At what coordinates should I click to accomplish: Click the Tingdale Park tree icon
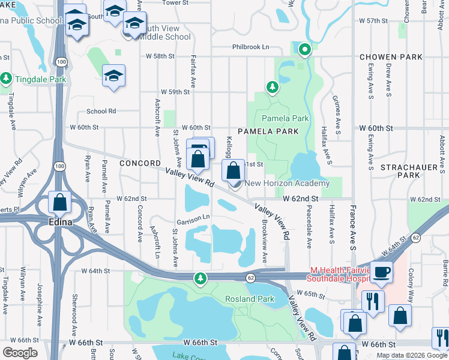click(6, 79)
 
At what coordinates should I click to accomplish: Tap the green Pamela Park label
click(285, 118)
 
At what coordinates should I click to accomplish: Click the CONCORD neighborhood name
click(140, 163)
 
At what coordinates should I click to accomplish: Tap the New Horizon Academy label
click(287, 183)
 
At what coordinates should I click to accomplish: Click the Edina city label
click(61, 222)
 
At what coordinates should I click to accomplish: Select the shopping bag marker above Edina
click(60, 203)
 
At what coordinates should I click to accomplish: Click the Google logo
click(20, 353)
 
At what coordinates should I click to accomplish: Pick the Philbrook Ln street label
click(252, 47)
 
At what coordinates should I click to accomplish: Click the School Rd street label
click(101, 111)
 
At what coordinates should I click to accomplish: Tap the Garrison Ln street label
click(192, 217)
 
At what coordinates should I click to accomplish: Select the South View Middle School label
click(163, 32)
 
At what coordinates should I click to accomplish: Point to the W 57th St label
click(378, 20)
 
